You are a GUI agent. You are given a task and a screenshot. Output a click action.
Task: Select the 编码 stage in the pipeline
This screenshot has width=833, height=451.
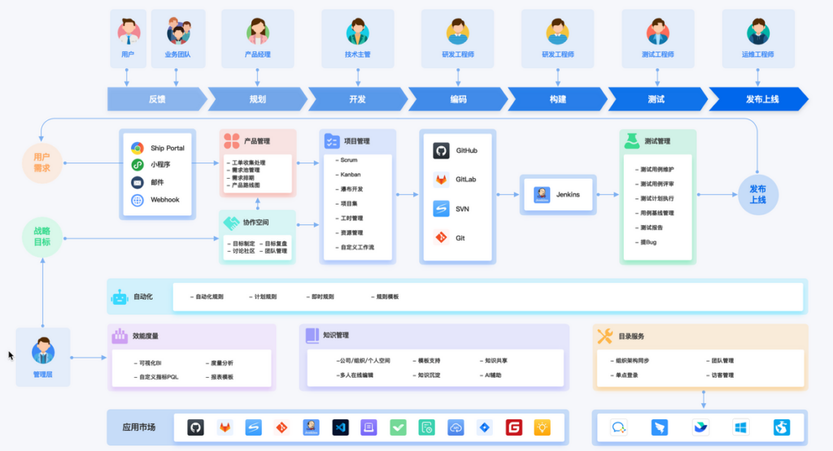point(458,99)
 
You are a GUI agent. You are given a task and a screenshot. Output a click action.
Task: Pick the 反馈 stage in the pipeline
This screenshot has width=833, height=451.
point(156,99)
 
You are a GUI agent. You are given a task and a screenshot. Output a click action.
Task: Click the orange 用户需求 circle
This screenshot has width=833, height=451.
point(41,162)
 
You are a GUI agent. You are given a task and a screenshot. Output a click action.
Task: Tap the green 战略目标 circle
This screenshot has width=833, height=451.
point(41,236)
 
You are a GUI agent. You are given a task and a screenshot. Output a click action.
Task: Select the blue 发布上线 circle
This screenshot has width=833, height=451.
point(758,194)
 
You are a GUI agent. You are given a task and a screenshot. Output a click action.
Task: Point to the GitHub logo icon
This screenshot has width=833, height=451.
point(441,151)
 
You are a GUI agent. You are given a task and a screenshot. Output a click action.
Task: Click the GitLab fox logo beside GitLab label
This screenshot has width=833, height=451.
point(441,180)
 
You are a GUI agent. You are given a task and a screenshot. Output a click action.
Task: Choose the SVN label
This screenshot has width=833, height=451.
point(462,209)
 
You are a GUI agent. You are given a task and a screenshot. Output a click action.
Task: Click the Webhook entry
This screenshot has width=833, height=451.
point(167,200)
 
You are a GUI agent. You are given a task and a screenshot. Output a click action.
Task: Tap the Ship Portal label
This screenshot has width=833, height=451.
point(168,148)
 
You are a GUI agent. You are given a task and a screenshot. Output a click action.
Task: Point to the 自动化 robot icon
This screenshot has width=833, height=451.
point(120,297)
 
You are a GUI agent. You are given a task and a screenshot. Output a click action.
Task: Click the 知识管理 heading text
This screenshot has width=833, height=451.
point(336,335)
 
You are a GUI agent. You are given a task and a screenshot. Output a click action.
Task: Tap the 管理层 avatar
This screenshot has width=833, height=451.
point(42,353)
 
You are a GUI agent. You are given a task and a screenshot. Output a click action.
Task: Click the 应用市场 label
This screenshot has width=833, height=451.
point(139,427)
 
